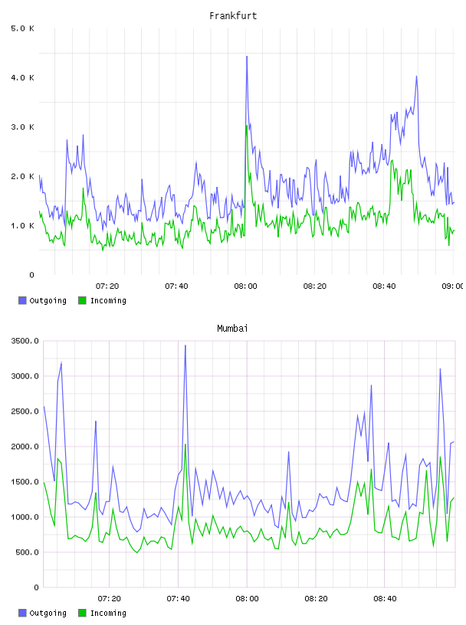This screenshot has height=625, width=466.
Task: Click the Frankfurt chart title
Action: pyautogui.click(x=233, y=16)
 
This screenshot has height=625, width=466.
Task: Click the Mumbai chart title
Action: pyautogui.click(x=232, y=329)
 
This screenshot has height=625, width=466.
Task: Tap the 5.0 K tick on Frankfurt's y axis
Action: pyautogui.click(x=23, y=28)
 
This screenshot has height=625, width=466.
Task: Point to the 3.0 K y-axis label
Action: pyautogui.click(x=23, y=127)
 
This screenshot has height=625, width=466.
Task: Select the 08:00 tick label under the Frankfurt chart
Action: pyautogui.click(x=245, y=286)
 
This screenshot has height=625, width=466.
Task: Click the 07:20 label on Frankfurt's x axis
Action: pyautogui.click(x=107, y=286)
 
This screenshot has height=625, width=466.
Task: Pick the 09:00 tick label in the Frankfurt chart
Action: pyautogui.click(x=452, y=286)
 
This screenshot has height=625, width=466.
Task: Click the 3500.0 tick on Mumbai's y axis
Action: pyautogui.click(x=25, y=341)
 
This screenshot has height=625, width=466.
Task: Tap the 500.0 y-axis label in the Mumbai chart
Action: pyautogui.click(x=27, y=552)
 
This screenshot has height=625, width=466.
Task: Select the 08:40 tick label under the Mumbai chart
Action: pyautogui.click(x=385, y=599)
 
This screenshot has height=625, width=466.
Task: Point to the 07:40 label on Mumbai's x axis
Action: pyautogui.click(x=178, y=599)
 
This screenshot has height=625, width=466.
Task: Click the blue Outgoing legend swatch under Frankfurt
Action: pyautogui.click(x=22, y=300)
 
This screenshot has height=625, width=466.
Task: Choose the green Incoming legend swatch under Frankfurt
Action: pyautogui.click(x=82, y=300)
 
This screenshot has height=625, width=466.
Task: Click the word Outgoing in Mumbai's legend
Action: pyautogui.click(x=48, y=614)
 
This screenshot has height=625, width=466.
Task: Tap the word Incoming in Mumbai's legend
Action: pyautogui.click(x=108, y=614)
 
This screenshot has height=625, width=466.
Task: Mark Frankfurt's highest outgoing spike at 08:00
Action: pyautogui.click(x=247, y=57)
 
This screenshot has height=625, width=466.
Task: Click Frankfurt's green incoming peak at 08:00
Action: pyautogui.click(x=247, y=126)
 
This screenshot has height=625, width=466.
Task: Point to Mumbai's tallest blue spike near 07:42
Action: pyautogui.click(x=185, y=345)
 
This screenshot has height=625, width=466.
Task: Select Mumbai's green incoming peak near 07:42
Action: pyautogui.click(x=185, y=444)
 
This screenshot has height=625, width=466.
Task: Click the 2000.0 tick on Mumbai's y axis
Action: pyautogui.click(x=25, y=447)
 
